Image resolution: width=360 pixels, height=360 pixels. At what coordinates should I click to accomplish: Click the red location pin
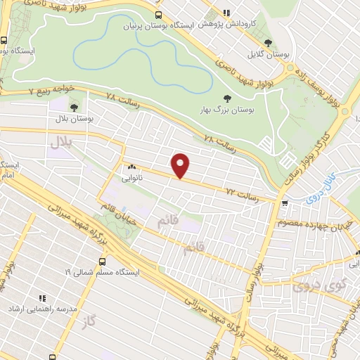[x=181, y=165]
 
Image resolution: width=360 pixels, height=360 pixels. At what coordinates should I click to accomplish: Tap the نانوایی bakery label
[x=133, y=179]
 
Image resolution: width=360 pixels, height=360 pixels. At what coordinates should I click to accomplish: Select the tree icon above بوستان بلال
[x=74, y=108]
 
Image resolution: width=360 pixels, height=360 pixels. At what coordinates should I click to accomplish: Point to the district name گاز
[x=87, y=320]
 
